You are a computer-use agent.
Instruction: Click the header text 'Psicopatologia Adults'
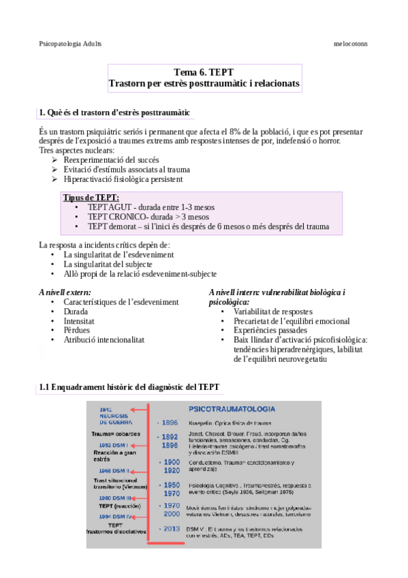(x=70, y=42)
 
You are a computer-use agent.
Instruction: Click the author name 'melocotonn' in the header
(x=351, y=42)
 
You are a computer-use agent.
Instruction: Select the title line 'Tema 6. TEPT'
(x=204, y=72)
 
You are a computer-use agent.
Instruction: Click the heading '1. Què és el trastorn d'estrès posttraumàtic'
(x=114, y=112)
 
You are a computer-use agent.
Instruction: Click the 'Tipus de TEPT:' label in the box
(x=91, y=198)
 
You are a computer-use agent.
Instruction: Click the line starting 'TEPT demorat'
(x=208, y=226)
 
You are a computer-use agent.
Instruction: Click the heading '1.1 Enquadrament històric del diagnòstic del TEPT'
(x=129, y=387)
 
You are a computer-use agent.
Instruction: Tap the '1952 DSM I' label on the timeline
(x=114, y=445)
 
